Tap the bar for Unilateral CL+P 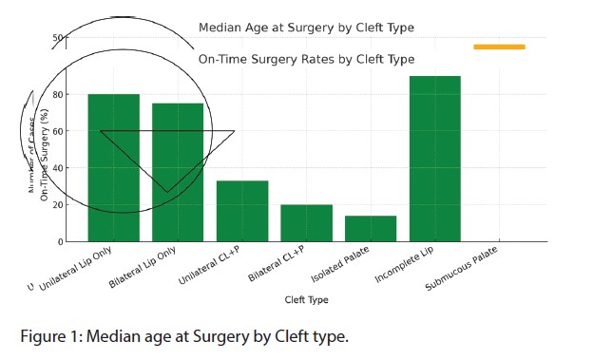242,211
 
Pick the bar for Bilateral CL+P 306,223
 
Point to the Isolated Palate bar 371,229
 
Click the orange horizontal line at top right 499,47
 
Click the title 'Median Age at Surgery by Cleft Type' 306,28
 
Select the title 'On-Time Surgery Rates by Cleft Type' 306,59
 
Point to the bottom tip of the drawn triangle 167,192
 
